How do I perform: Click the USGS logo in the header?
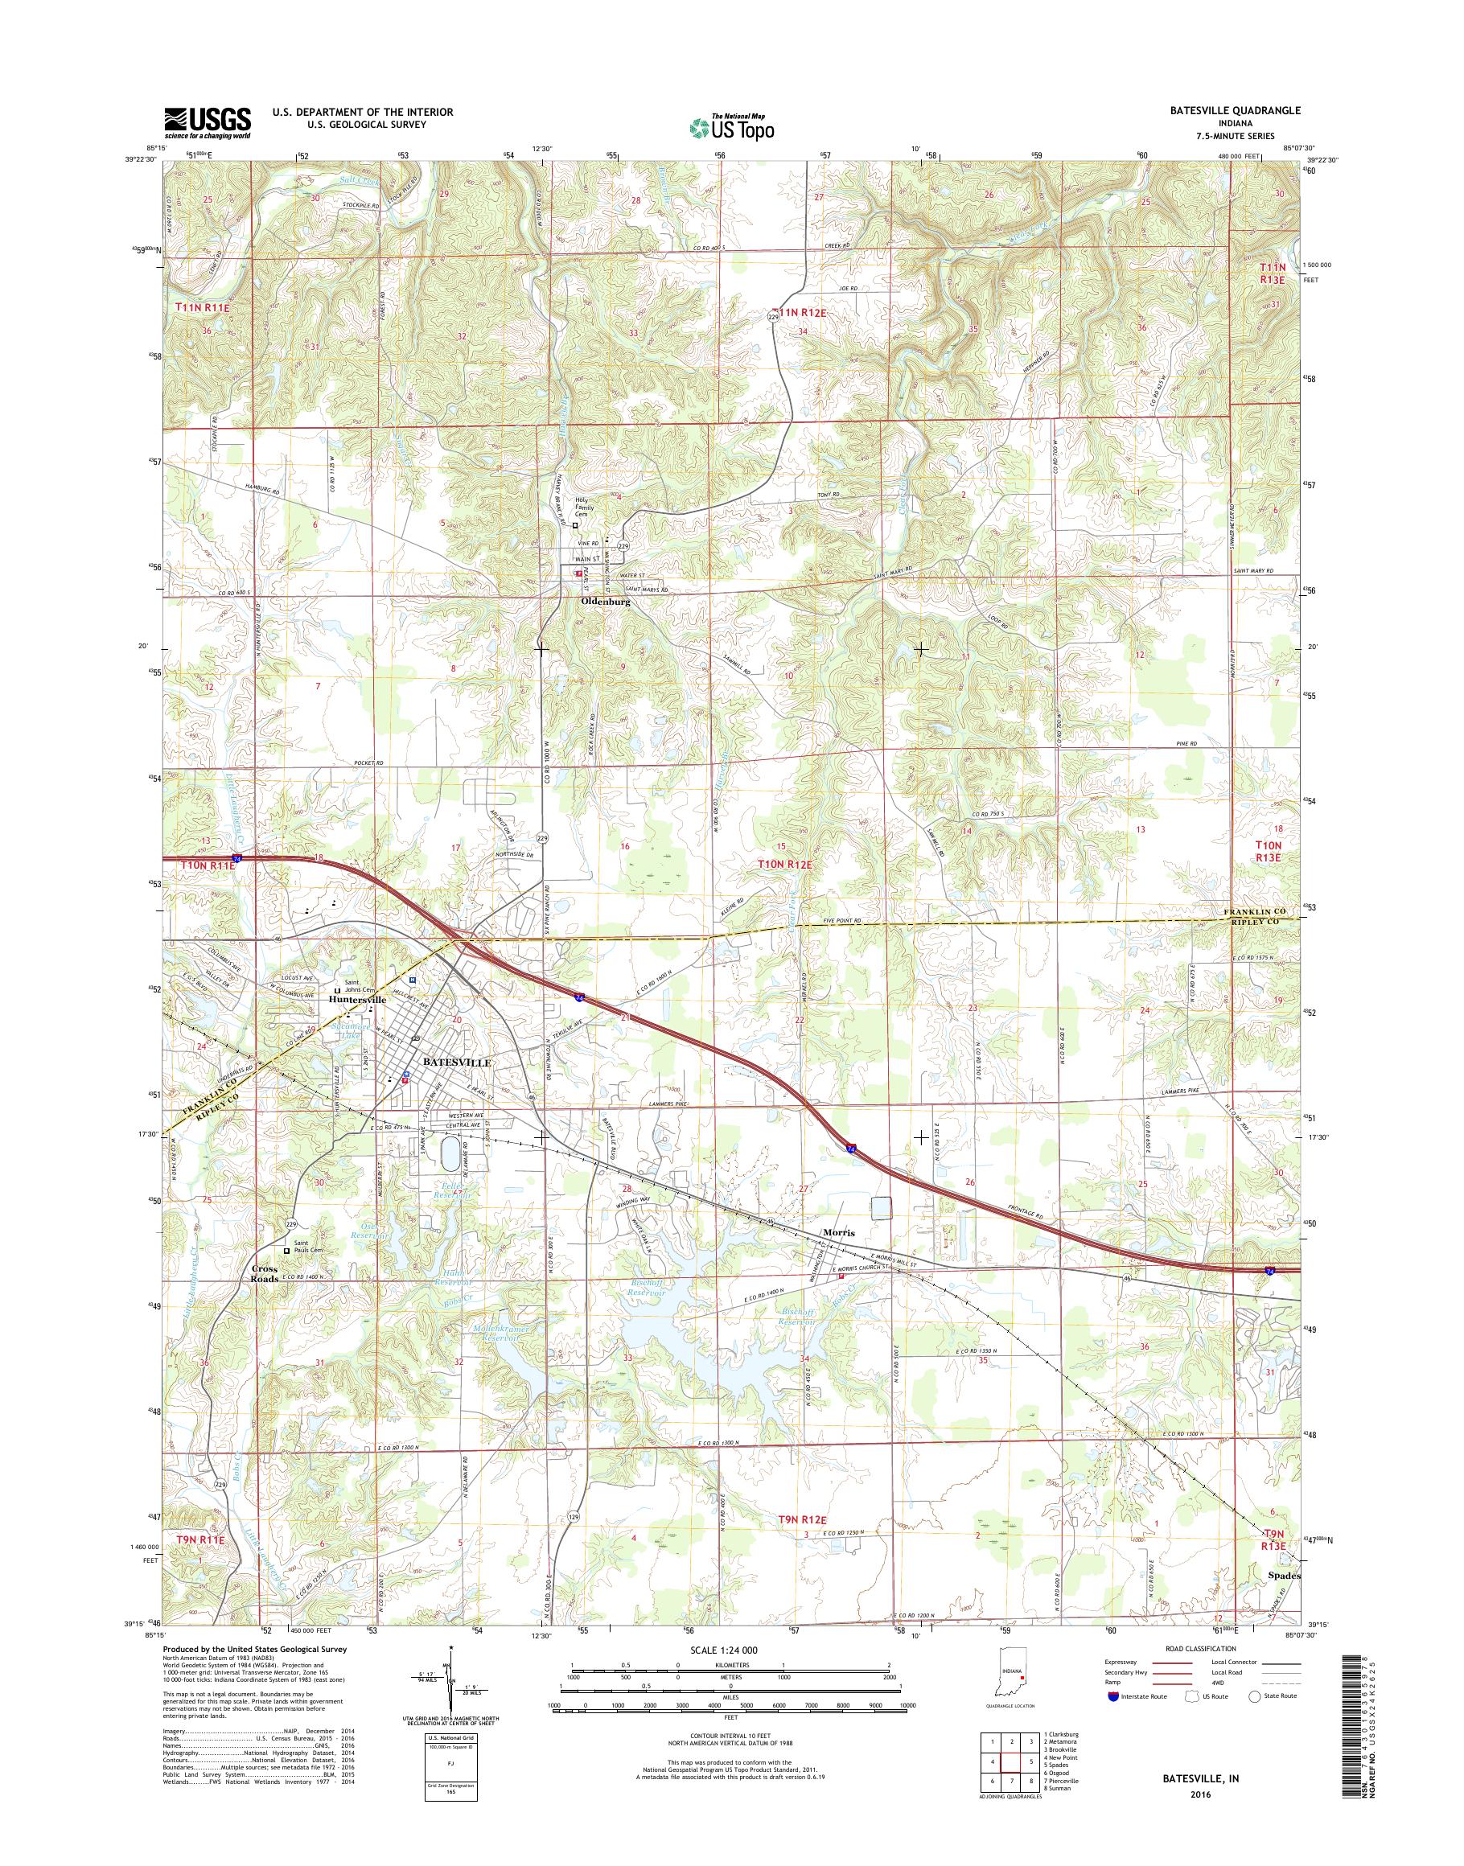[x=208, y=123]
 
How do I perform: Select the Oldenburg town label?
[x=606, y=602]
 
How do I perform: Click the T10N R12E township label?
[x=784, y=865]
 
